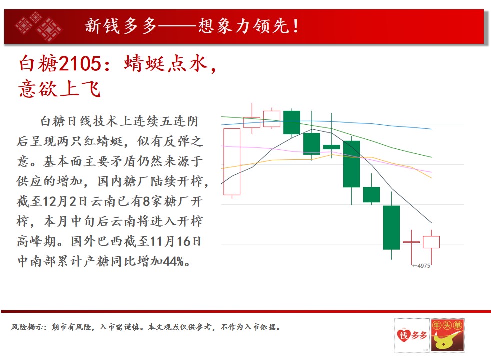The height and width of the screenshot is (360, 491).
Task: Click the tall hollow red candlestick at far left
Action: pos(232,162)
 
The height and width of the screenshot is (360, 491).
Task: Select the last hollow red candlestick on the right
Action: pos(431,242)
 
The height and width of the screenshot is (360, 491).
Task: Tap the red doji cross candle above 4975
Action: pos(411,242)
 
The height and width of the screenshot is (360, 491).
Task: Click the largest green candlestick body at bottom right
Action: pos(391,227)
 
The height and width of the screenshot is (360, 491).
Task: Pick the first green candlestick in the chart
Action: pos(292,122)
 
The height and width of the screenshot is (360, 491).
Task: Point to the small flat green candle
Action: pos(331,147)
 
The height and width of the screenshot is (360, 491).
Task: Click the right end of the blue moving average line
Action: pos(432,129)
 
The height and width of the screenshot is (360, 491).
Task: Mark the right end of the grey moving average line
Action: pos(432,223)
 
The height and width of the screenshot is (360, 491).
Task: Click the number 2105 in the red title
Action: pos(80,64)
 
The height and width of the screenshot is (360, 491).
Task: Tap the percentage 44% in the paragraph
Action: pos(173,261)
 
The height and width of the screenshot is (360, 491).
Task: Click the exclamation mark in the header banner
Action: pos(296,26)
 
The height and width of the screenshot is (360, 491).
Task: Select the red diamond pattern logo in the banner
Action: pos(38,27)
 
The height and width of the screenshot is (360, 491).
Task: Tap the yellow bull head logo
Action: pos(448,335)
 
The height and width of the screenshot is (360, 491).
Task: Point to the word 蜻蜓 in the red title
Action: pos(144,64)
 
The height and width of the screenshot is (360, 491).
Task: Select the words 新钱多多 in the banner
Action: pos(120,26)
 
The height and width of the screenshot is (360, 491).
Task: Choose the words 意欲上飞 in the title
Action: pos(59,89)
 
